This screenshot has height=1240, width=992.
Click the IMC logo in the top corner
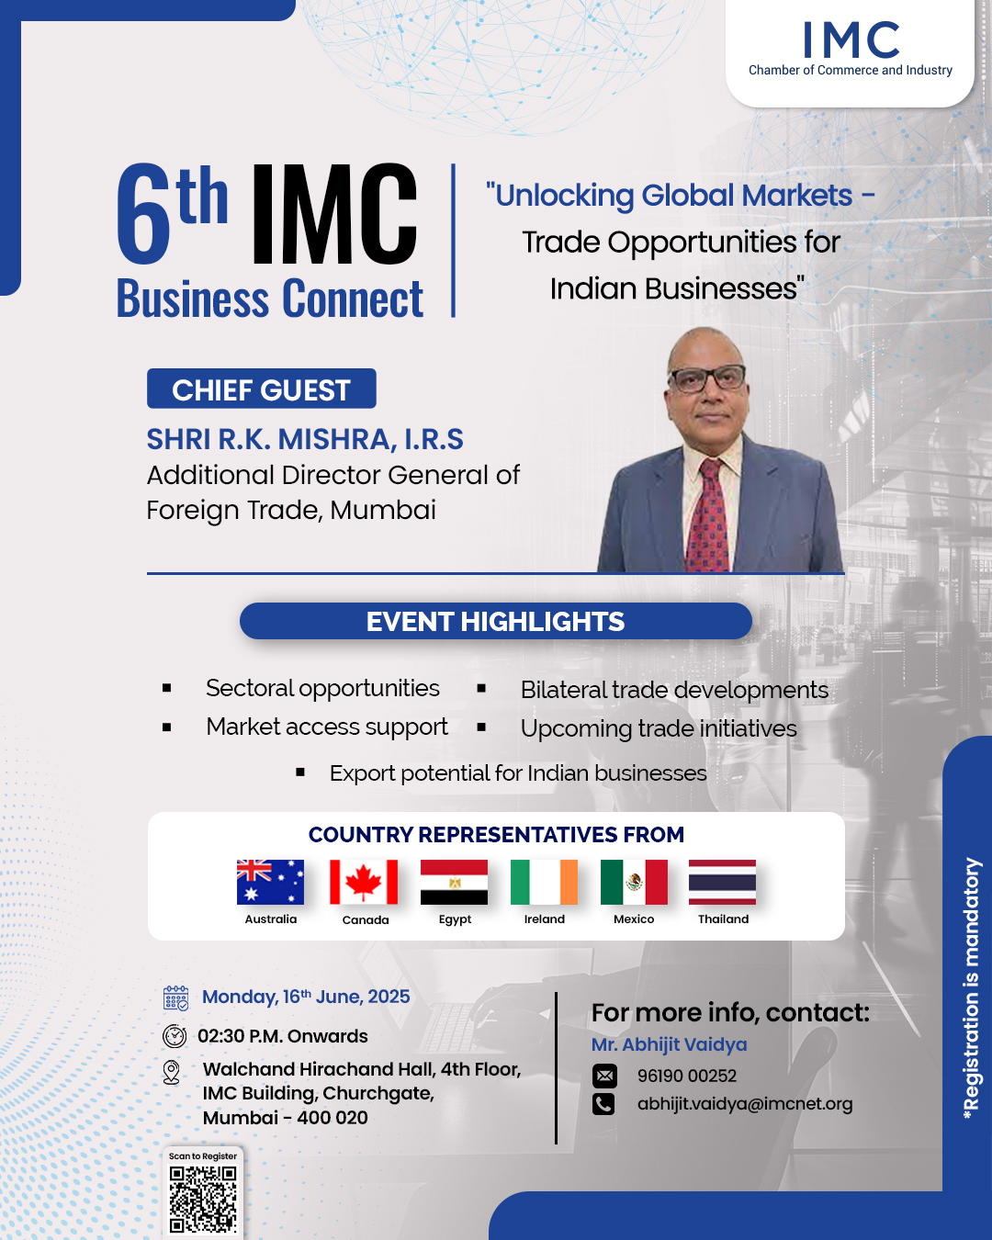[x=851, y=49]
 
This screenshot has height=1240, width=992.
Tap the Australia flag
[x=270, y=882]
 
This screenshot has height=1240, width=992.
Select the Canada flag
[x=364, y=882]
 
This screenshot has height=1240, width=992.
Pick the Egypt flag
[x=455, y=882]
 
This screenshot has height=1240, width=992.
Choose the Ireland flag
[x=544, y=882]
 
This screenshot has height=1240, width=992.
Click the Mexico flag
[x=634, y=882]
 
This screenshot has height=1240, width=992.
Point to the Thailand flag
[x=722, y=882]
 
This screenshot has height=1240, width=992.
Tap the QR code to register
[x=203, y=1200]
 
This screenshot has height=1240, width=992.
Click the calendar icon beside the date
[x=175, y=998]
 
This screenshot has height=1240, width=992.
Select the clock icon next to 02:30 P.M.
[x=175, y=1036]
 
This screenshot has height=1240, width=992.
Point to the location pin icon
[x=171, y=1072]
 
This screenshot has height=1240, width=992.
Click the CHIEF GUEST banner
[x=262, y=389]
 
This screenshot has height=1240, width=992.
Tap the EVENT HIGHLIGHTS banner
[x=496, y=621]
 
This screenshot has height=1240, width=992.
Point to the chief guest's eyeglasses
[x=707, y=378]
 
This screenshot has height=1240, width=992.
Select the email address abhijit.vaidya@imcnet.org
[x=745, y=1103]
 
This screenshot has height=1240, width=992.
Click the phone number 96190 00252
[x=686, y=1076]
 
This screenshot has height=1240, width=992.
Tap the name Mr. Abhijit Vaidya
[x=670, y=1044]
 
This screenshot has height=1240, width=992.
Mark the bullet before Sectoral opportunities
[x=166, y=687]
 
